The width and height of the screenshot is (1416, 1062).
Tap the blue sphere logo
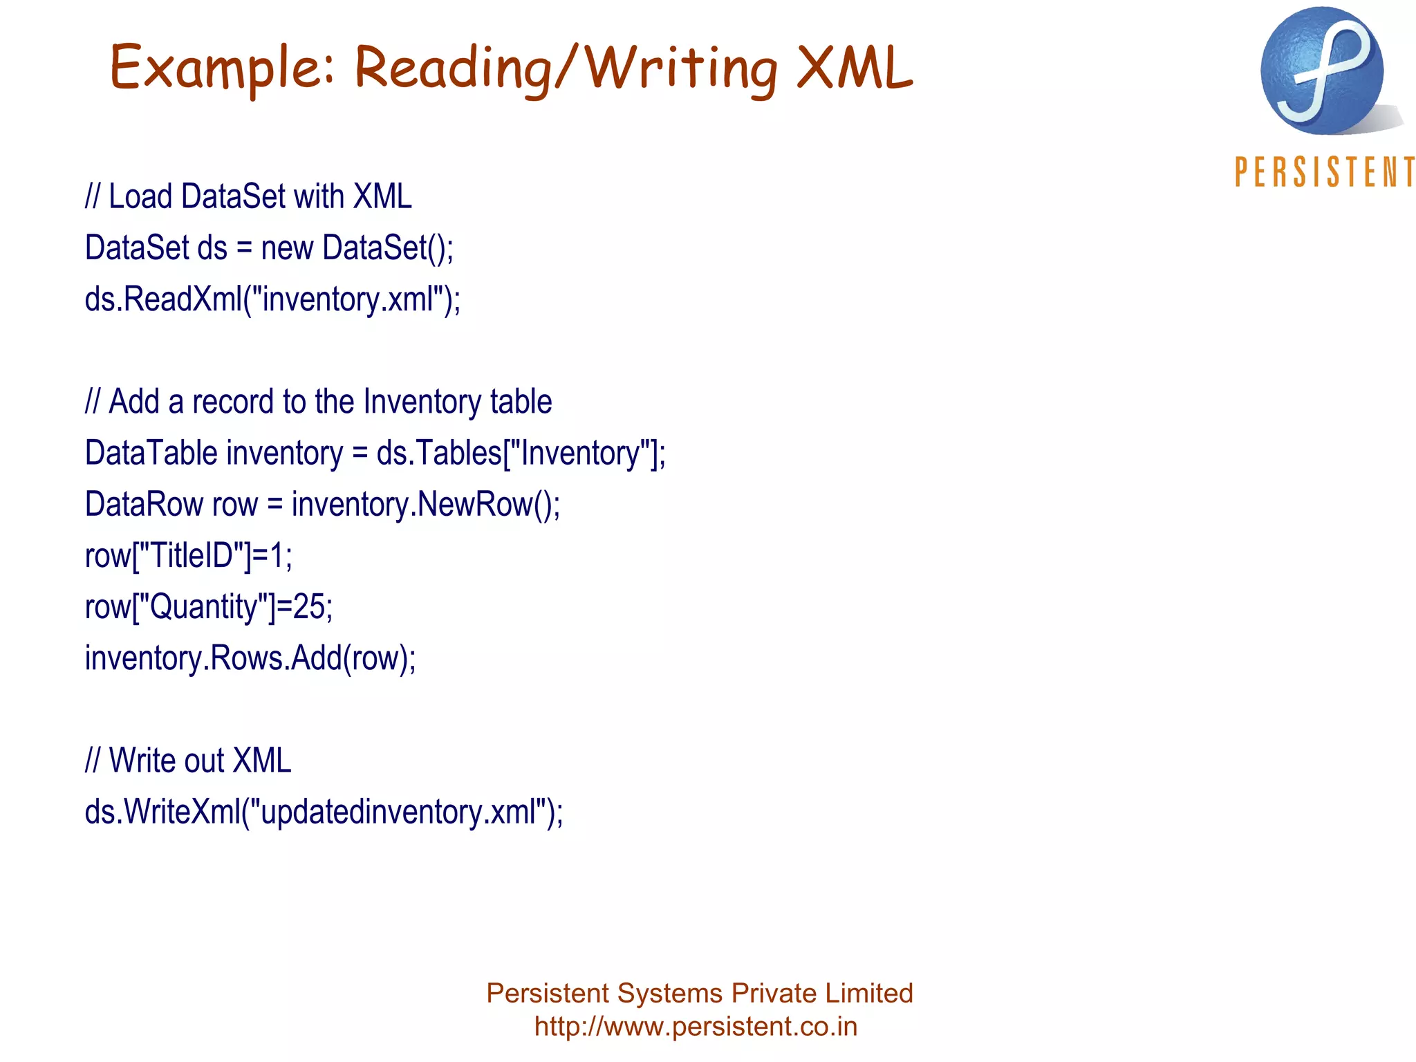1321,71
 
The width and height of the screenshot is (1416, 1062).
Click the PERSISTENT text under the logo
1324,172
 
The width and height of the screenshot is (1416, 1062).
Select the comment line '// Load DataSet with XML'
248,197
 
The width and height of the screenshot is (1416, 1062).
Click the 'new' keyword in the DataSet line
286,248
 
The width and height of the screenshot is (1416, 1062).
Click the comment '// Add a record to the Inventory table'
318,402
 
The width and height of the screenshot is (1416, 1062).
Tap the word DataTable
151,454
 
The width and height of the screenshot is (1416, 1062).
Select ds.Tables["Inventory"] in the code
519,454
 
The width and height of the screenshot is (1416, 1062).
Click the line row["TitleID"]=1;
188,556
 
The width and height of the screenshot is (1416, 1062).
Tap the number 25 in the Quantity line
309,607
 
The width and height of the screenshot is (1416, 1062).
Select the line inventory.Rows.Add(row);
250,658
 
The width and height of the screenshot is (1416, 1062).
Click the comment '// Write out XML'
188,761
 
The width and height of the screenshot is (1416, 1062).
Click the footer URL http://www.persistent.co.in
696,1027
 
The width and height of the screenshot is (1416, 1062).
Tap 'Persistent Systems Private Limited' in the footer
699,994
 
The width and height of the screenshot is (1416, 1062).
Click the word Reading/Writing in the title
566,69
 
